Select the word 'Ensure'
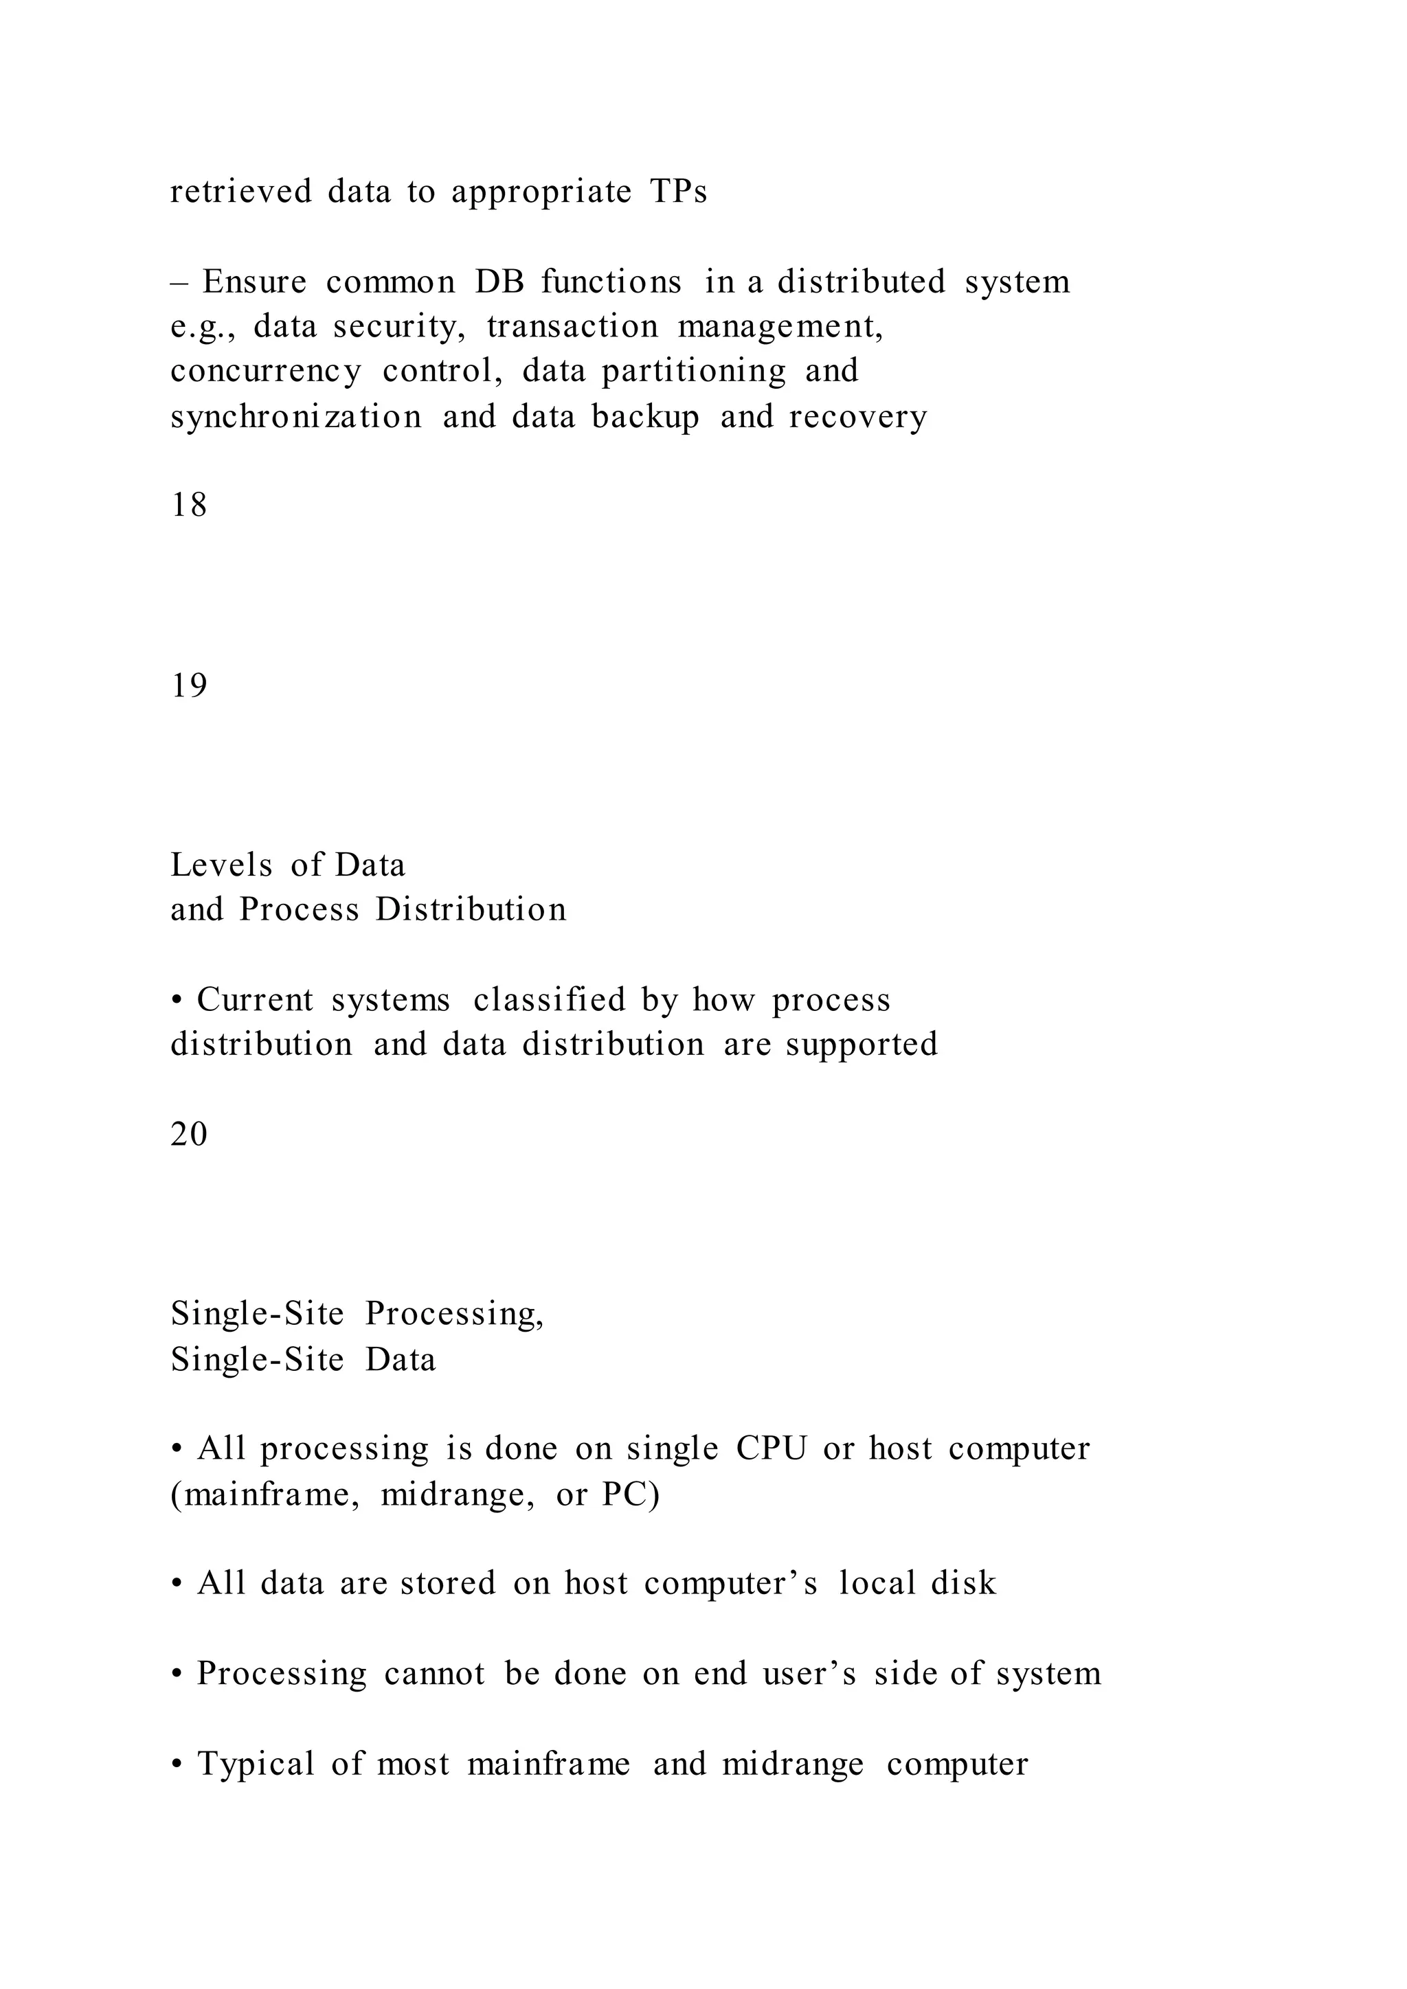click(255, 282)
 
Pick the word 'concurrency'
click(266, 372)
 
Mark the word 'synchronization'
click(296, 418)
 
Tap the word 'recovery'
click(857, 418)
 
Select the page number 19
click(189, 686)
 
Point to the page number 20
click(189, 1135)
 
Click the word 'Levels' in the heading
click(222, 865)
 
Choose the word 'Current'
click(255, 1001)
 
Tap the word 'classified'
click(550, 1001)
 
